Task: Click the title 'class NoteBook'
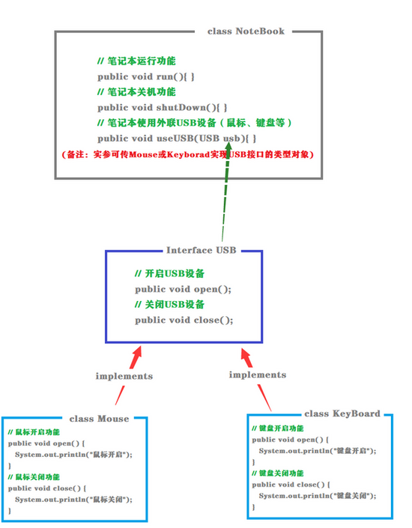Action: coord(246,31)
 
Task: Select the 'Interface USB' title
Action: coord(201,250)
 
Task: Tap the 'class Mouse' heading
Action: coord(99,419)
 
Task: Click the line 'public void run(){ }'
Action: coord(146,76)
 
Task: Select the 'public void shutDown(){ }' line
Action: coord(163,108)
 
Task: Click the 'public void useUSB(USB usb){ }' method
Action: coord(177,139)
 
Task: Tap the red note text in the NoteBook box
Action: coord(188,154)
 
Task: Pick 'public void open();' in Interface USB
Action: coord(183,289)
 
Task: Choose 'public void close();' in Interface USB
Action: coord(184,320)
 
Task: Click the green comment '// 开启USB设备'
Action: coord(169,273)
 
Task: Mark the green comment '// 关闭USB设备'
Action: coord(169,305)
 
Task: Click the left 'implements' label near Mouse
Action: coord(124,376)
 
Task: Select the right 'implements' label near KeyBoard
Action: coord(257,374)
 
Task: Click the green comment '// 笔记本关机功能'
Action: coord(136,92)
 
